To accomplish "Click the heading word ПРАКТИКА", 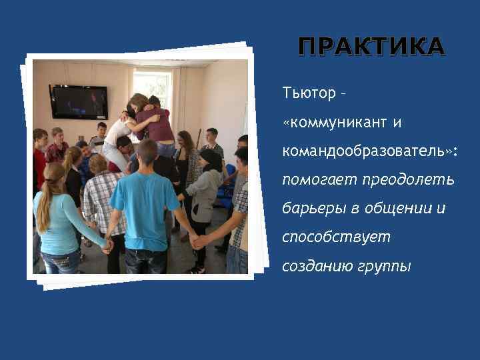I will pos(371,47).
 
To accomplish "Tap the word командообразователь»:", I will pos(369,151).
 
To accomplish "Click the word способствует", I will pos(336,237).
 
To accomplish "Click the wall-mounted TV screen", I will pos(78,101).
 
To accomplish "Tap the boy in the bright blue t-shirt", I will pos(144,200).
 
